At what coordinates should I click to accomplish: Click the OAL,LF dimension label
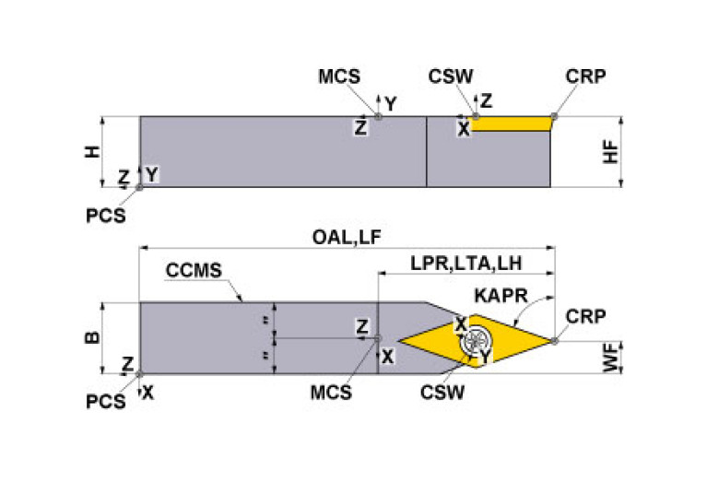(345, 238)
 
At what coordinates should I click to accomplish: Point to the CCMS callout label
(194, 272)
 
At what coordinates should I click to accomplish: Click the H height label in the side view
(90, 152)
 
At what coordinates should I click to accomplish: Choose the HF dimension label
(609, 152)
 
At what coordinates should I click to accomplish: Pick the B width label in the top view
(90, 337)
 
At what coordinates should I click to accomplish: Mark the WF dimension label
(610, 358)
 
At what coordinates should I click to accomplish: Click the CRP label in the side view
(587, 77)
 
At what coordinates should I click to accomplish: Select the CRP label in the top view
(585, 316)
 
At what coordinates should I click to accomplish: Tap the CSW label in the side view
(452, 77)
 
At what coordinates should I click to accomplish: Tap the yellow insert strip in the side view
(510, 123)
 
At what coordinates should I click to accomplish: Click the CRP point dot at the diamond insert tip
(555, 341)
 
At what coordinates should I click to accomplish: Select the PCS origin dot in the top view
(139, 374)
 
